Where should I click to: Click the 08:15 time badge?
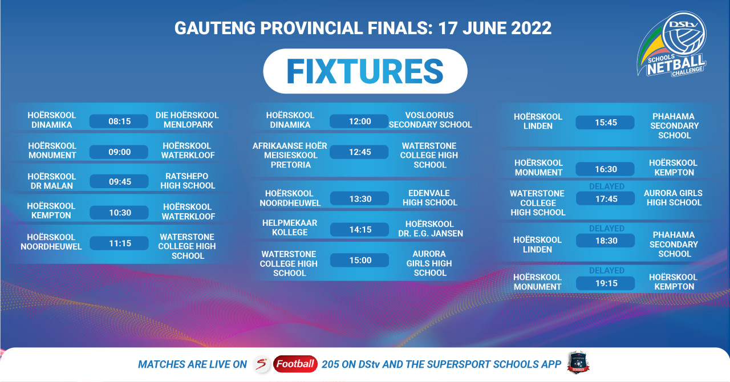pyautogui.click(x=119, y=121)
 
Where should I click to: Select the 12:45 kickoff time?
pyautogui.click(x=359, y=152)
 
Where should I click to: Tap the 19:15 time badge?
pyautogui.click(x=606, y=283)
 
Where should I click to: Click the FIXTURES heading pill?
pyautogui.click(x=365, y=71)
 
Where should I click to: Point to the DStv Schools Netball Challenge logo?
pyautogui.click(x=672, y=44)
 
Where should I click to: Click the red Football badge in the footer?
pyautogui.click(x=295, y=364)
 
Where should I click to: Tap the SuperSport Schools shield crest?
pyautogui.click(x=578, y=363)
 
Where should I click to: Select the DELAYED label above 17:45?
pyautogui.click(x=606, y=186)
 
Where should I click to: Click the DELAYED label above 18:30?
pyautogui.click(x=606, y=229)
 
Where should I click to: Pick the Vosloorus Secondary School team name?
pyautogui.click(x=430, y=120)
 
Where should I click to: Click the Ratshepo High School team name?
pyautogui.click(x=188, y=181)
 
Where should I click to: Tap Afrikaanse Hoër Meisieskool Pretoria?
pyautogui.click(x=290, y=155)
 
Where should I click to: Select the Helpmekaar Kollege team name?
pyautogui.click(x=290, y=227)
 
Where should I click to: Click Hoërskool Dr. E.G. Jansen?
pyautogui.click(x=430, y=229)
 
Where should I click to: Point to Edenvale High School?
pyautogui.click(x=429, y=198)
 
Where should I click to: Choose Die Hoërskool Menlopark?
pyautogui.click(x=187, y=120)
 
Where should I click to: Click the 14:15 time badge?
pyautogui.click(x=359, y=229)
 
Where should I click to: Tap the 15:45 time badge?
pyautogui.click(x=605, y=123)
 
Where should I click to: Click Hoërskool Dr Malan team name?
pyautogui.click(x=51, y=181)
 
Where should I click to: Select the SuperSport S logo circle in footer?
pyautogui.click(x=262, y=364)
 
